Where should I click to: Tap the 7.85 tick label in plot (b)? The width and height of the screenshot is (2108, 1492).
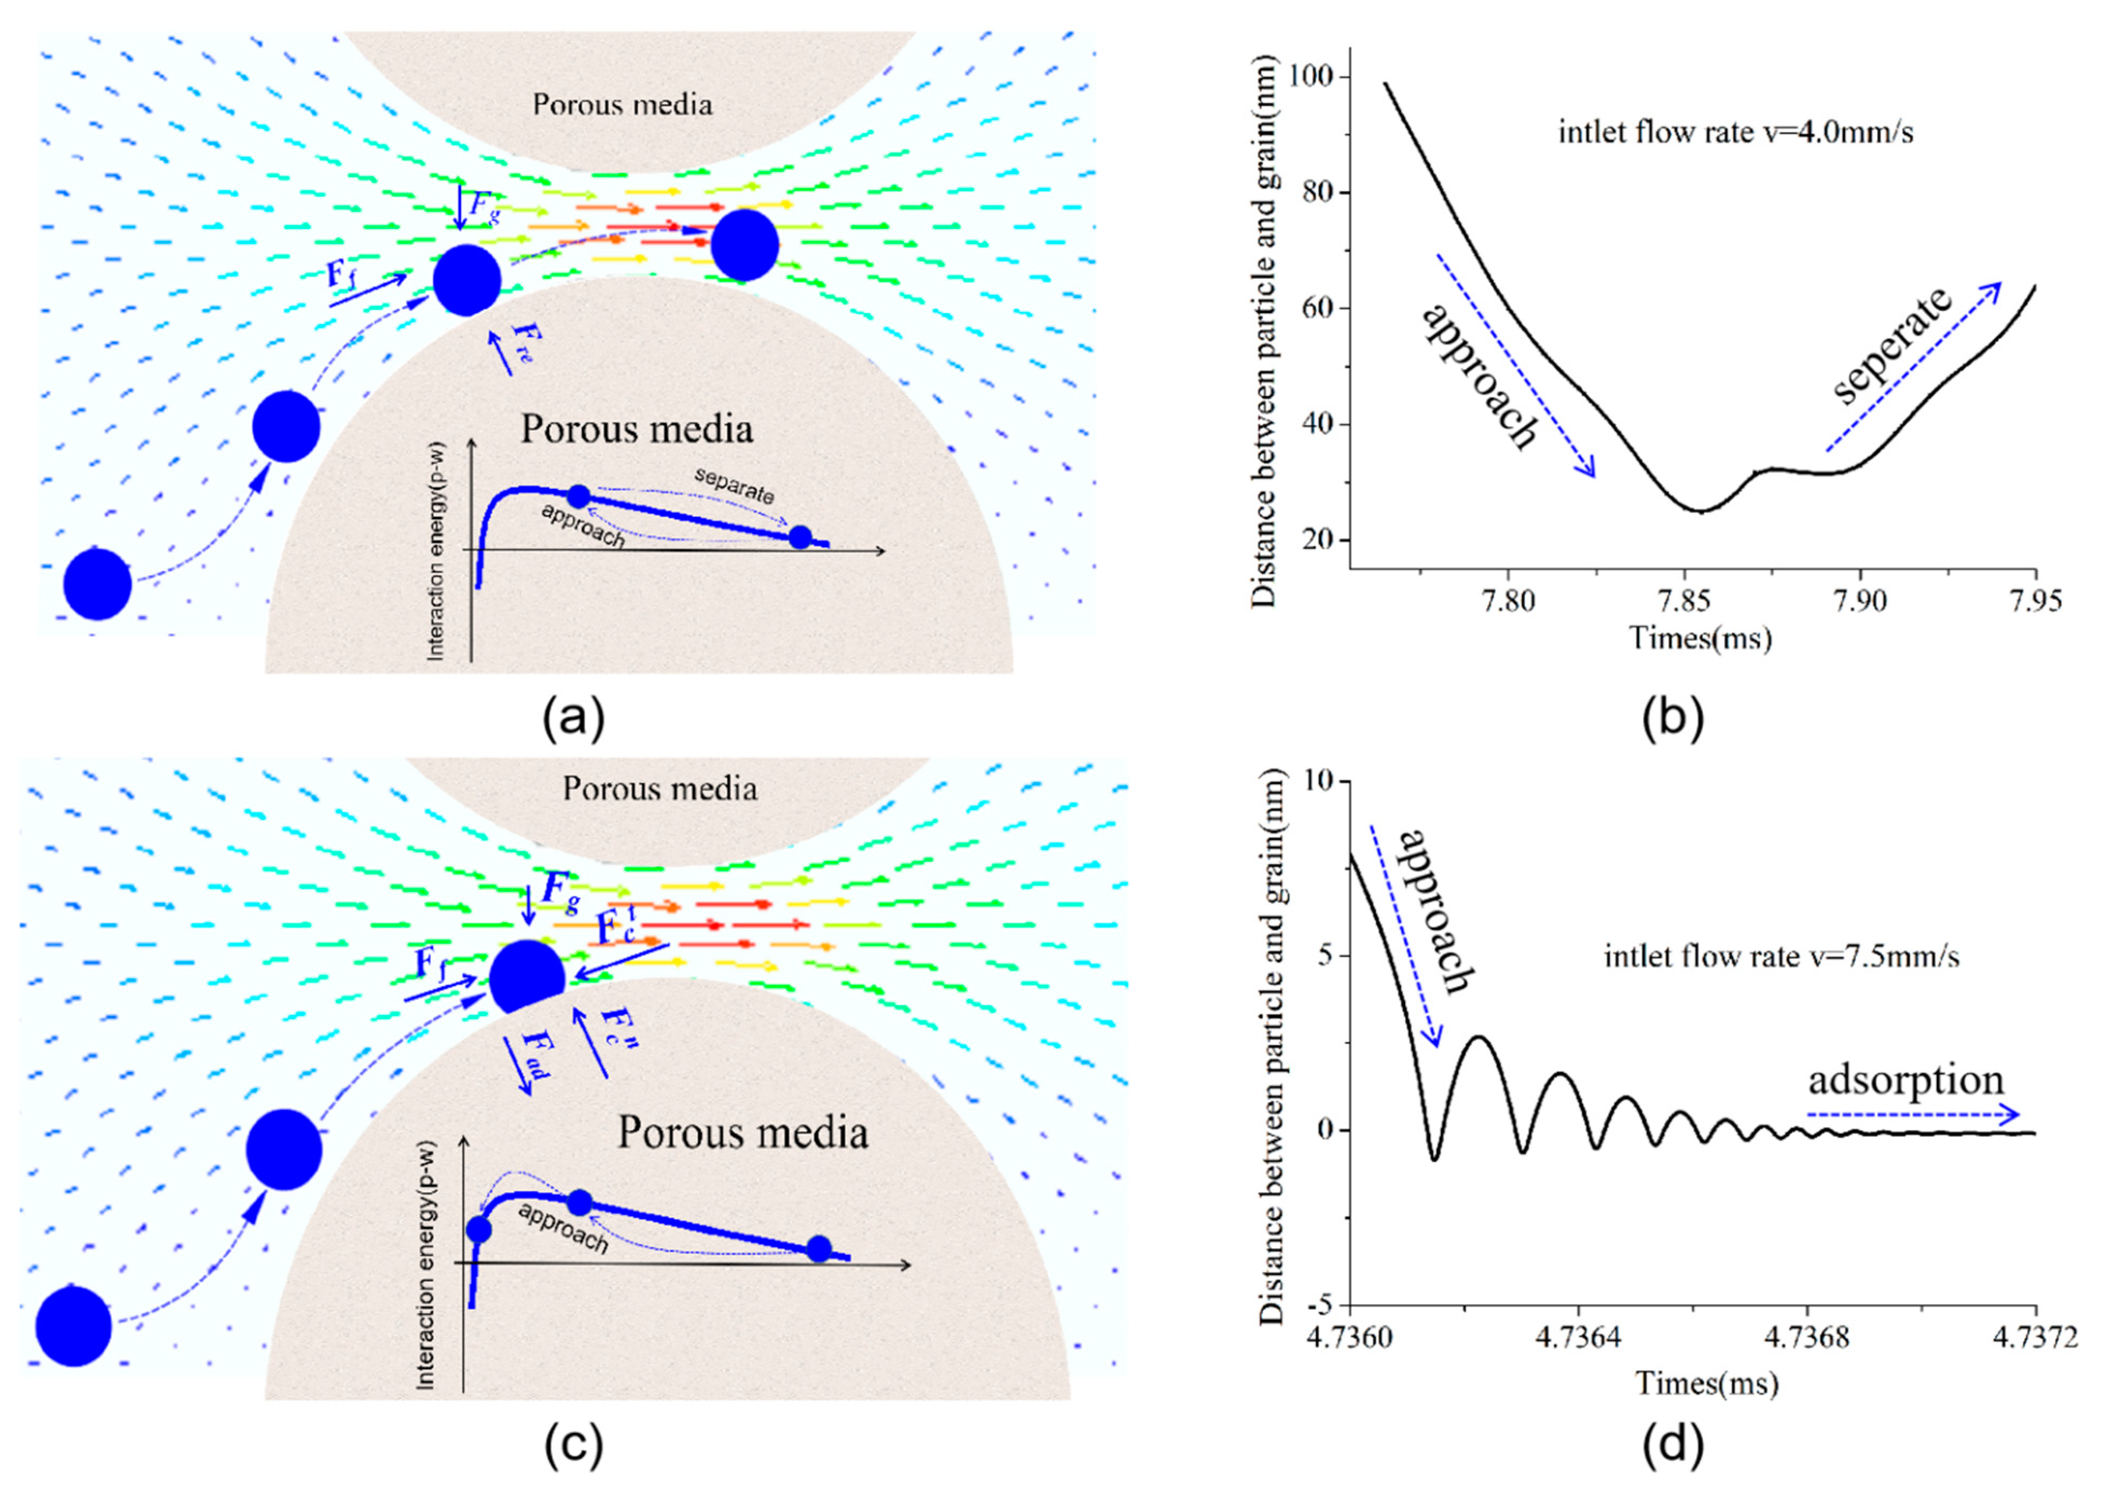point(1684,601)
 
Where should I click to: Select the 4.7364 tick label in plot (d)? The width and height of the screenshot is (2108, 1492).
point(1578,1338)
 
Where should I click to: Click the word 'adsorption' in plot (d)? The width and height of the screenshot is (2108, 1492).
point(1906,1080)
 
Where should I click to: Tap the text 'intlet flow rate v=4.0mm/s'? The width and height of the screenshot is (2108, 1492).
point(1736,133)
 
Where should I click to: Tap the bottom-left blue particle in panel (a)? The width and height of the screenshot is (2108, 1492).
point(98,584)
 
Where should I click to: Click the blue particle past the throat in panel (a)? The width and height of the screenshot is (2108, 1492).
point(745,245)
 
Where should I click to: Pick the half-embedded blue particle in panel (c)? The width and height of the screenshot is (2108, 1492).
point(526,977)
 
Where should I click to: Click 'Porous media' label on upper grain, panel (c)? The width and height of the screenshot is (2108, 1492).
point(660,788)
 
